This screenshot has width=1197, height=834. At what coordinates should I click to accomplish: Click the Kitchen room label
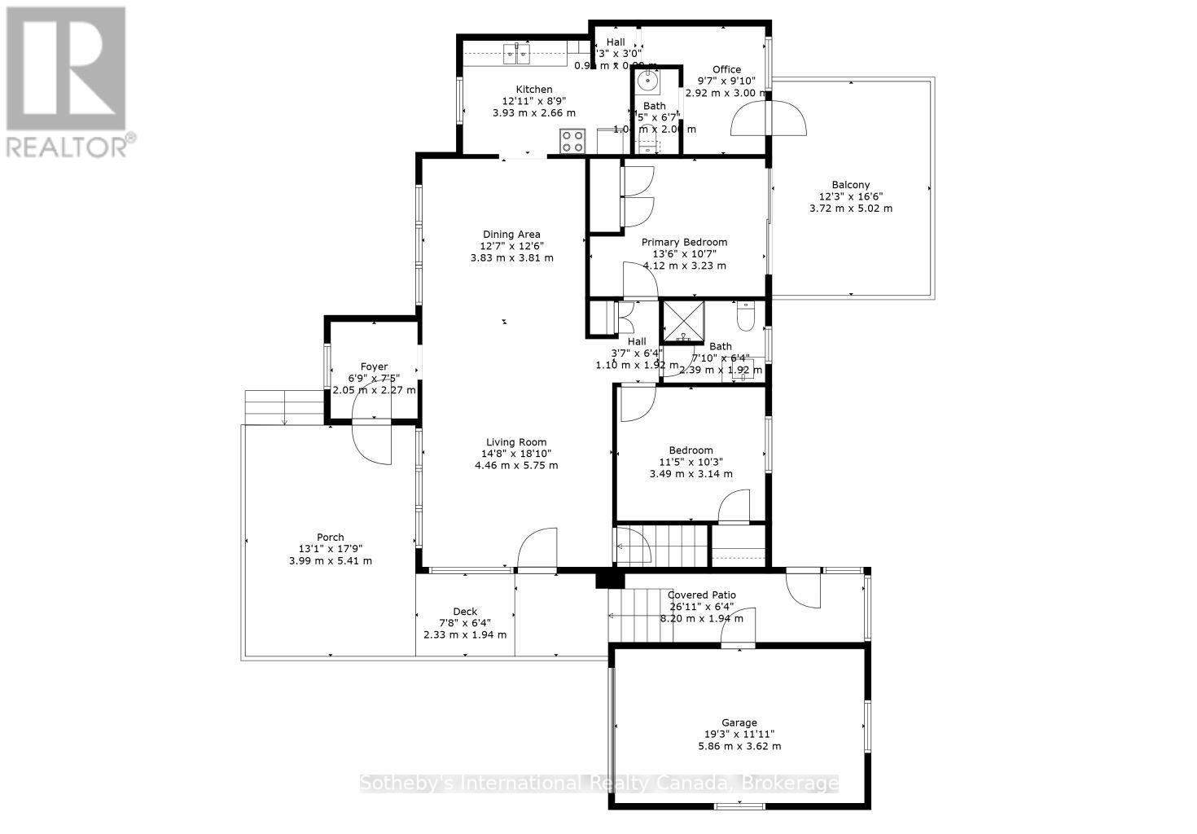[533, 90]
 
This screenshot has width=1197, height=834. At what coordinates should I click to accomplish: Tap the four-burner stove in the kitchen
[572, 141]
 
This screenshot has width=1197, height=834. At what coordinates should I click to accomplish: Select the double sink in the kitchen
[516, 55]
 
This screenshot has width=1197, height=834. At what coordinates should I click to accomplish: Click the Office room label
[726, 70]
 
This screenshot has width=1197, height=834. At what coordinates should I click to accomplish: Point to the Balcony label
[850, 185]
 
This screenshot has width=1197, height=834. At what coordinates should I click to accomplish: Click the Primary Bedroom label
[684, 242]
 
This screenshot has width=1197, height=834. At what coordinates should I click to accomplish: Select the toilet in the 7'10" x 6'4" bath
[746, 313]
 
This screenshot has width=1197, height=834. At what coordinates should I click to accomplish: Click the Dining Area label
[511, 235]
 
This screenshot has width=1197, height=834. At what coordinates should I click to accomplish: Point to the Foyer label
[374, 367]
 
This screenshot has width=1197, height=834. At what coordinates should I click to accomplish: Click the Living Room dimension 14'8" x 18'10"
[516, 454]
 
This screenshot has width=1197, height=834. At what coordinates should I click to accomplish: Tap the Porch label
[330, 537]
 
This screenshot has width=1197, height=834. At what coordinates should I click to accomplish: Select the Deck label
[465, 612]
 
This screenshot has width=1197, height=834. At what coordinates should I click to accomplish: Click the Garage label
[739, 722]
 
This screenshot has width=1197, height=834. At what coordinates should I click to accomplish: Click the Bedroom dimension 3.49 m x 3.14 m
[691, 473]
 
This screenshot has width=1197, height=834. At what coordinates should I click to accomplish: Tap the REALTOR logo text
[70, 147]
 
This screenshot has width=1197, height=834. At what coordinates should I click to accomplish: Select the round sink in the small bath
[649, 80]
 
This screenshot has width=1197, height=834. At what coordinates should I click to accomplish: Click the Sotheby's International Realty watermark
[598, 784]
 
